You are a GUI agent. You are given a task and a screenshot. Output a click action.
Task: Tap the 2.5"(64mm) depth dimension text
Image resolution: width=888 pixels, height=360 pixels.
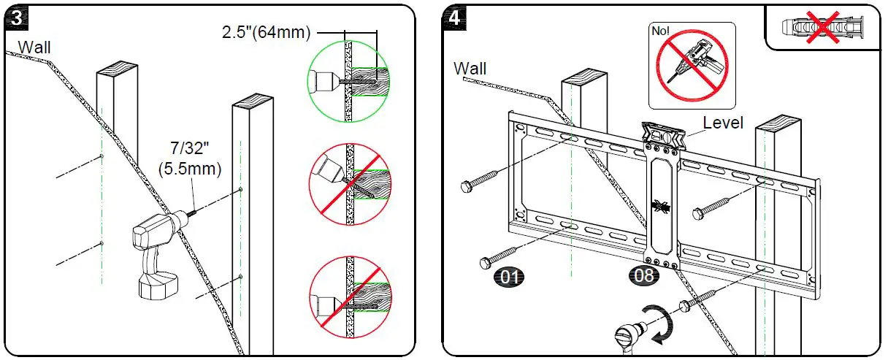[267, 33]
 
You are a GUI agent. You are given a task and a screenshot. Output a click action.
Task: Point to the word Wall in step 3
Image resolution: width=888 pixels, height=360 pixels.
[35, 47]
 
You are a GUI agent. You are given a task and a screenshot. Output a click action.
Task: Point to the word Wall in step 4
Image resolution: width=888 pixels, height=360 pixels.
[470, 69]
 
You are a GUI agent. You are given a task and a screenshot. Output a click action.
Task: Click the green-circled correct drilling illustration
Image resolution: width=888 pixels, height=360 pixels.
[348, 80]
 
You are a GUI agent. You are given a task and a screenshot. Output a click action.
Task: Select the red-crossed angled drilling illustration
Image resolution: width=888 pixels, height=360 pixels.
[348, 183]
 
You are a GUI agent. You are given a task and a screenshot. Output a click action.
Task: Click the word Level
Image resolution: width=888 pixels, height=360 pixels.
[723, 123]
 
